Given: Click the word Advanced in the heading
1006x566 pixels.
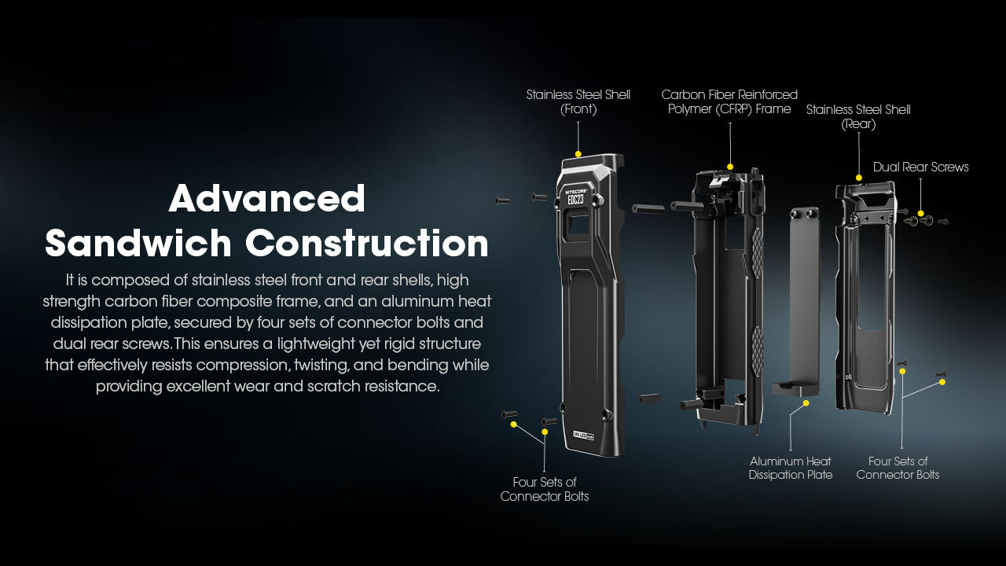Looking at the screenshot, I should tap(267, 199).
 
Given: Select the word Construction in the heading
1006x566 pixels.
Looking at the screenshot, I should tap(367, 243).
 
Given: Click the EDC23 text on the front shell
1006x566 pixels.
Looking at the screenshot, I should tap(575, 200).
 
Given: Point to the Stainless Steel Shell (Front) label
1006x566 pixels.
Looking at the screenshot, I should tap(578, 102).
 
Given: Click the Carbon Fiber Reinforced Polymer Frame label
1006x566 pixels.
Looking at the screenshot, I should tap(729, 102).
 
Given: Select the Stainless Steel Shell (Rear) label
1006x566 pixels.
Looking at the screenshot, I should tap(858, 116).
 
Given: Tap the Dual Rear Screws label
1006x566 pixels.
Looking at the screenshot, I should tap(920, 167).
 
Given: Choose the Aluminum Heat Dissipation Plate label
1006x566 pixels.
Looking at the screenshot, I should tap(790, 468).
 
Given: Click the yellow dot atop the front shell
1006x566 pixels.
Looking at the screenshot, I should tap(578, 154).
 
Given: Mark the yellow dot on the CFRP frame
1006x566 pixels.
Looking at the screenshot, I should tap(730, 167).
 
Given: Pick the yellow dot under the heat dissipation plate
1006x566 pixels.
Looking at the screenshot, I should tap(806, 403).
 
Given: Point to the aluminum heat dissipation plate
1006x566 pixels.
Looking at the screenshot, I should tap(804, 299).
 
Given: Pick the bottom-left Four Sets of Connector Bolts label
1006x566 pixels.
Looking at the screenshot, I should tap(544, 489).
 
